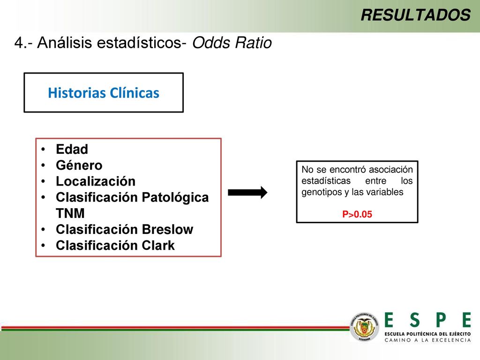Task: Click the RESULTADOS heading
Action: [x=415, y=15]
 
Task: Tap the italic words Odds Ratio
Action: [x=232, y=43]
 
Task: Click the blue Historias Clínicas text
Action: [x=104, y=93]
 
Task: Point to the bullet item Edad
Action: [x=72, y=150]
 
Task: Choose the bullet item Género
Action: [x=79, y=165]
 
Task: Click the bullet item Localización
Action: [x=96, y=181]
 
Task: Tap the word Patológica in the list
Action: [x=175, y=197]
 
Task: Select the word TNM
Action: [x=70, y=213]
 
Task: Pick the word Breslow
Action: [x=167, y=229]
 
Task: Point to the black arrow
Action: [x=247, y=193]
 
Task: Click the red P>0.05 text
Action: [x=357, y=214]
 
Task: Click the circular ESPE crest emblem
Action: [x=364, y=327]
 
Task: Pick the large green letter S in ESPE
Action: [x=414, y=320]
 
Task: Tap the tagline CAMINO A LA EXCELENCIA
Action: [x=427, y=340]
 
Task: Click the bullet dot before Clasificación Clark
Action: [x=44, y=246]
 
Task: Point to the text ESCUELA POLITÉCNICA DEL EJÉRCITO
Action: [x=427, y=334]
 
